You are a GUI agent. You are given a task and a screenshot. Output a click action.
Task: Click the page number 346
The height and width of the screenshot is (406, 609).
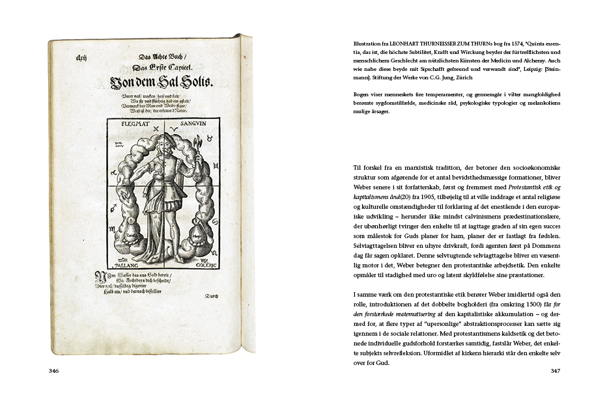(x=54, y=372)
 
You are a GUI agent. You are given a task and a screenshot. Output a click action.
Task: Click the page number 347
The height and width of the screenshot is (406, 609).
(x=555, y=372)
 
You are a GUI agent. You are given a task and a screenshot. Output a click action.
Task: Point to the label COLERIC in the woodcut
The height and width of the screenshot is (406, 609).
(x=202, y=265)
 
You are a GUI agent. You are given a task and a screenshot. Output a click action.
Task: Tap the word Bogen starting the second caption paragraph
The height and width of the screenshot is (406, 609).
(x=354, y=94)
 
